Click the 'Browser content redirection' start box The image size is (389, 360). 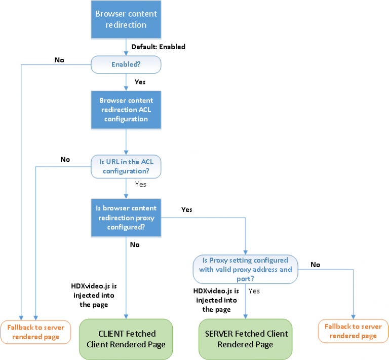(126, 20)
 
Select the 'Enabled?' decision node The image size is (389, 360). (126, 64)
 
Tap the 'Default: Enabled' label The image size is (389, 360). (158, 47)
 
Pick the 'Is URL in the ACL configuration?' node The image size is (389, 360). (126, 166)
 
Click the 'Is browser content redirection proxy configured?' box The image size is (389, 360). (126, 218)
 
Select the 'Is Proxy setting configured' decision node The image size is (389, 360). (245, 269)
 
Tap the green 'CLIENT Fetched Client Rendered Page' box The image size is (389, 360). (126, 339)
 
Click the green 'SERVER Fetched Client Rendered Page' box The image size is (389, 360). (245, 339)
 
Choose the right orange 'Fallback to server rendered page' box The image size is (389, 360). (353, 331)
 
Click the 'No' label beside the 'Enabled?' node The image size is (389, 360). (59, 60)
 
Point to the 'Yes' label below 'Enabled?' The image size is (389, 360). (140, 81)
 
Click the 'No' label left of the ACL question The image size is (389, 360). (65, 159)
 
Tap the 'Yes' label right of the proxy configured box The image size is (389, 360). (186, 209)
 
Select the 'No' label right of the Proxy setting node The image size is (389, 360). (315, 264)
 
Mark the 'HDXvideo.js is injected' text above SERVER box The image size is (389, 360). (216, 300)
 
